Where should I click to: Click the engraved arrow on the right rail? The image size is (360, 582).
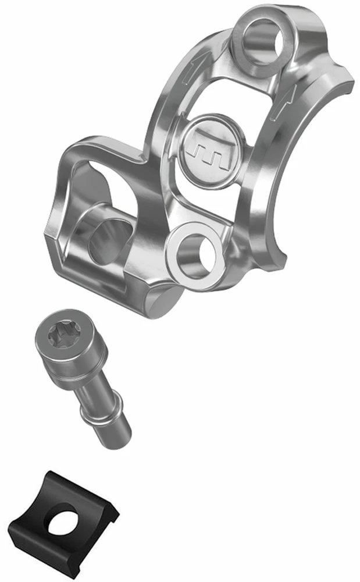pyautogui.click(x=290, y=93)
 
